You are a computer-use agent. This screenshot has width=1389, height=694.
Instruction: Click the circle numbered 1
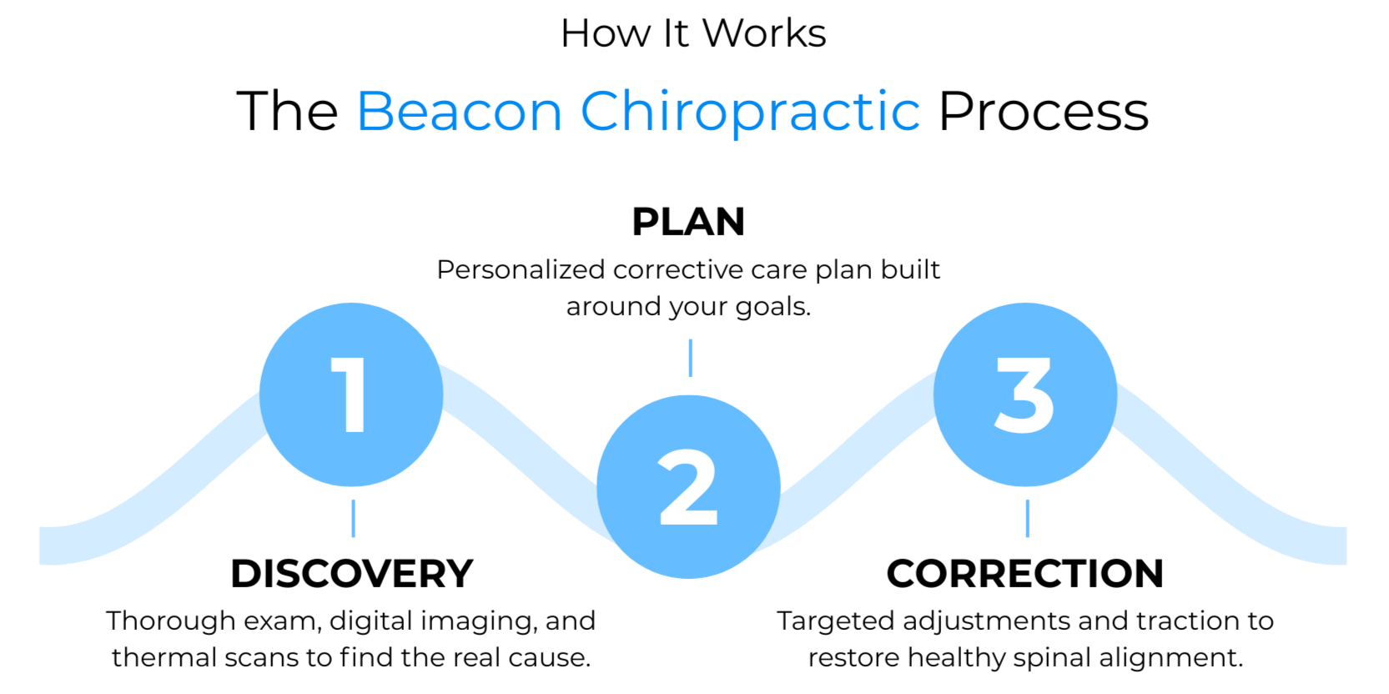pyautogui.click(x=351, y=395)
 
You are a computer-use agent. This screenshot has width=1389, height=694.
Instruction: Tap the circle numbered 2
pyautogui.click(x=688, y=487)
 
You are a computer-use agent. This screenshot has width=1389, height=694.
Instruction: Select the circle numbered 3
pyautogui.click(x=1025, y=395)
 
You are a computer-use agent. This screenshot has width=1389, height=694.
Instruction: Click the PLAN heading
pyautogui.click(x=688, y=222)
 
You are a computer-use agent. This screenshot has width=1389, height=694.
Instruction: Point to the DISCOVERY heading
pyautogui.click(x=351, y=574)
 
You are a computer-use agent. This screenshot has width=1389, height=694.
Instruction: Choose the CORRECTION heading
pyautogui.click(x=1025, y=574)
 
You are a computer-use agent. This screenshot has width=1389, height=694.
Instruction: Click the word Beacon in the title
pyautogui.click(x=460, y=112)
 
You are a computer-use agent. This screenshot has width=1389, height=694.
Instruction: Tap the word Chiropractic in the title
pyautogui.click(x=750, y=112)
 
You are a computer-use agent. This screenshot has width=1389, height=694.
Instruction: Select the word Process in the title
pyautogui.click(x=1044, y=112)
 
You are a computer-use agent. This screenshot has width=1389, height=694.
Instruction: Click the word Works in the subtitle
pyautogui.click(x=763, y=34)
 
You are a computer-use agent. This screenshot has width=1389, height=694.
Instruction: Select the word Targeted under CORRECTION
pyautogui.click(x=835, y=621)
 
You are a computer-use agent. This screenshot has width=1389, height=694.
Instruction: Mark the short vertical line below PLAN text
pyautogui.click(x=691, y=358)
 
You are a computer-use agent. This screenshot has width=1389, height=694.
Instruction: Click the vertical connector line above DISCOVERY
pyautogui.click(x=354, y=518)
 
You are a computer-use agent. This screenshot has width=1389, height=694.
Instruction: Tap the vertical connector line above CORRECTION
pyautogui.click(x=1028, y=518)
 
